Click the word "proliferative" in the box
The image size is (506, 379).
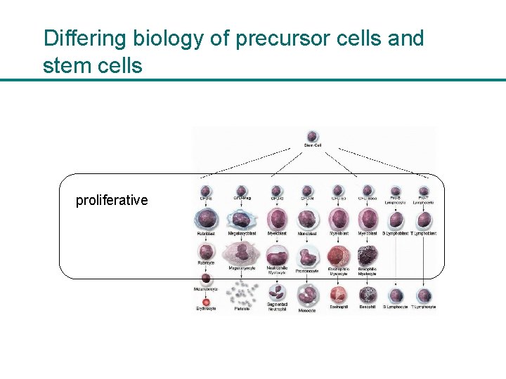pyautogui.click(x=112, y=200)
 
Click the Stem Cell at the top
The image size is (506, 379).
pyautogui.click(x=312, y=136)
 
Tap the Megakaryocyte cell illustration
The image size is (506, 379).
pyautogui.click(x=241, y=253)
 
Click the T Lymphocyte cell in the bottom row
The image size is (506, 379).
pyautogui.click(x=424, y=295)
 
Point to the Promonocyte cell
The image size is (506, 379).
pyautogui.click(x=307, y=256)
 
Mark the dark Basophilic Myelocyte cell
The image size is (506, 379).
pyautogui.click(x=368, y=255)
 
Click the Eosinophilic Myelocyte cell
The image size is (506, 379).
pyautogui.click(x=338, y=255)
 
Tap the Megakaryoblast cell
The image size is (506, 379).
pyautogui.click(x=241, y=220)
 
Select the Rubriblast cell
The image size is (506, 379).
pyautogui.click(x=206, y=220)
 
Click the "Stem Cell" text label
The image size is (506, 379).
pyautogui.click(x=313, y=146)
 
